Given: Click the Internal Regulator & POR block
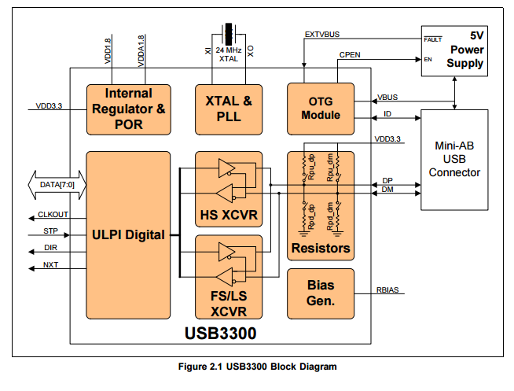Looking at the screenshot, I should pyautogui.click(x=128, y=109).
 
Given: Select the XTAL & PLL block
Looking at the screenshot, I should pyautogui.click(x=228, y=109).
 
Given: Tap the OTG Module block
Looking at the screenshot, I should pyautogui.click(x=321, y=109).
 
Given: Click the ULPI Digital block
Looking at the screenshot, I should pyautogui.click(x=128, y=234).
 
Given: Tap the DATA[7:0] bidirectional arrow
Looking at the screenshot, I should pyautogui.click(x=55, y=185).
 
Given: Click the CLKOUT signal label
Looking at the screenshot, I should pyautogui.click(x=53, y=215).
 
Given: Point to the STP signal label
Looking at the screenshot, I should pyautogui.click(x=51, y=232).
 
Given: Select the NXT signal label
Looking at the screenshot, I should pyautogui.click(x=50, y=265).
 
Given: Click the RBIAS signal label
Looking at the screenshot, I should pyautogui.click(x=387, y=290).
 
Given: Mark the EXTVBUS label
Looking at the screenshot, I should pyautogui.click(x=321, y=35).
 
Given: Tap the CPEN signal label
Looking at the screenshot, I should pyautogui.click(x=351, y=54).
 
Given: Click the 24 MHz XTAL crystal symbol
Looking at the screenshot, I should pyautogui.click(x=229, y=35).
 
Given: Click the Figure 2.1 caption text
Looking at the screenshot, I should pyautogui.click(x=257, y=367).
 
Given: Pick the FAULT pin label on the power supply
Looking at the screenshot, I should pyautogui.click(x=433, y=39).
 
